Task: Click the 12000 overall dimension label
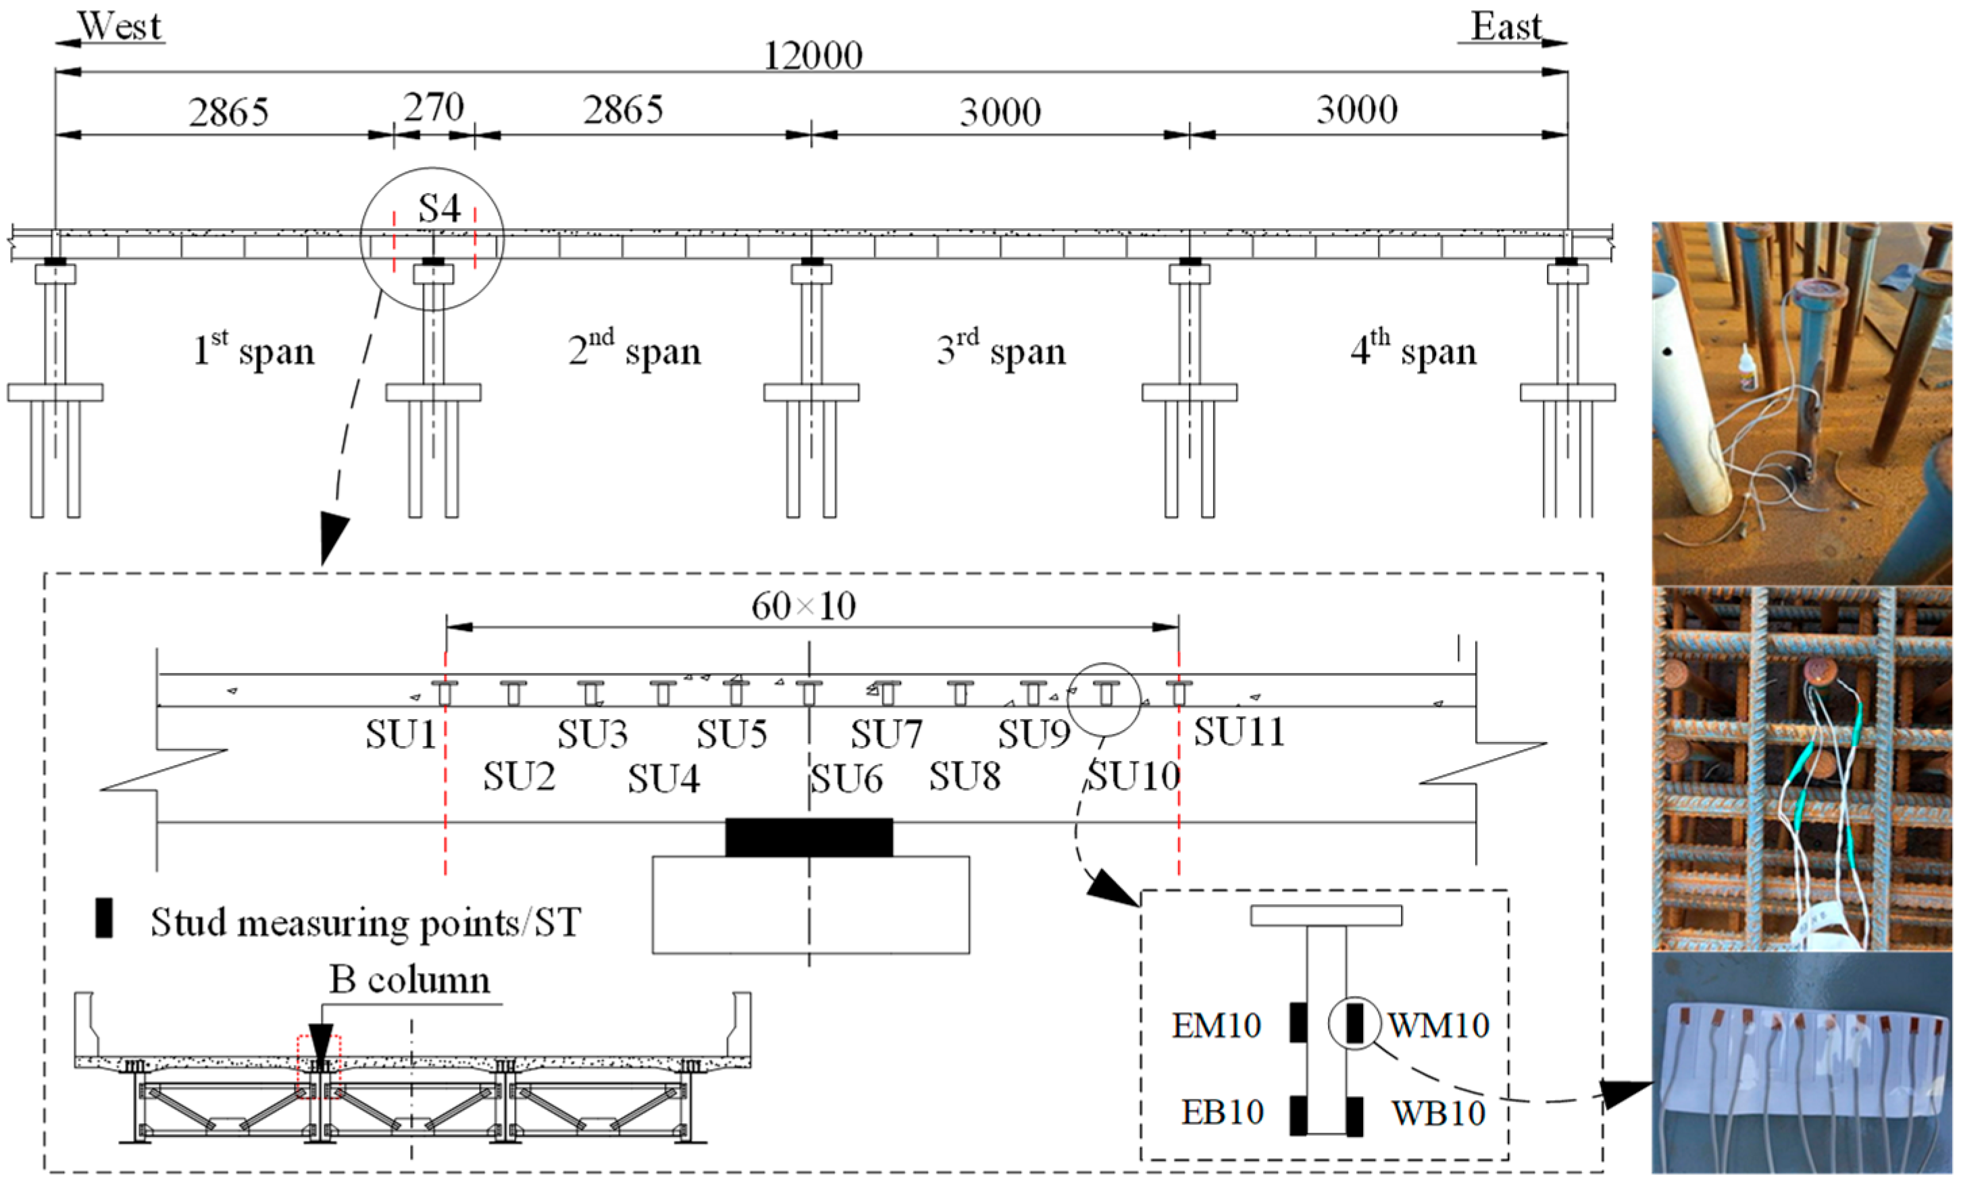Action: tap(813, 55)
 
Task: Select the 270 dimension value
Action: tap(433, 107)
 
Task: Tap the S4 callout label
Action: tap(439, 209)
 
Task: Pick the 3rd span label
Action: tap(1000, 350)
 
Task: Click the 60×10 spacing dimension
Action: tap(803, 606)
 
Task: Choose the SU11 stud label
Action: tap(1238, 732)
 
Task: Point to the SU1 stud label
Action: tap(401, 733)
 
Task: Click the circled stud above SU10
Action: tap(1105, 693)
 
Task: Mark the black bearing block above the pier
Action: tap(809, 837)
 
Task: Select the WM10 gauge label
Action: tap(1439, 1025)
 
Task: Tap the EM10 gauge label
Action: tap(1216, 1025)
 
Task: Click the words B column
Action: tap(410, 980)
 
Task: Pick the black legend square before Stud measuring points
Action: tap(103, 918)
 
